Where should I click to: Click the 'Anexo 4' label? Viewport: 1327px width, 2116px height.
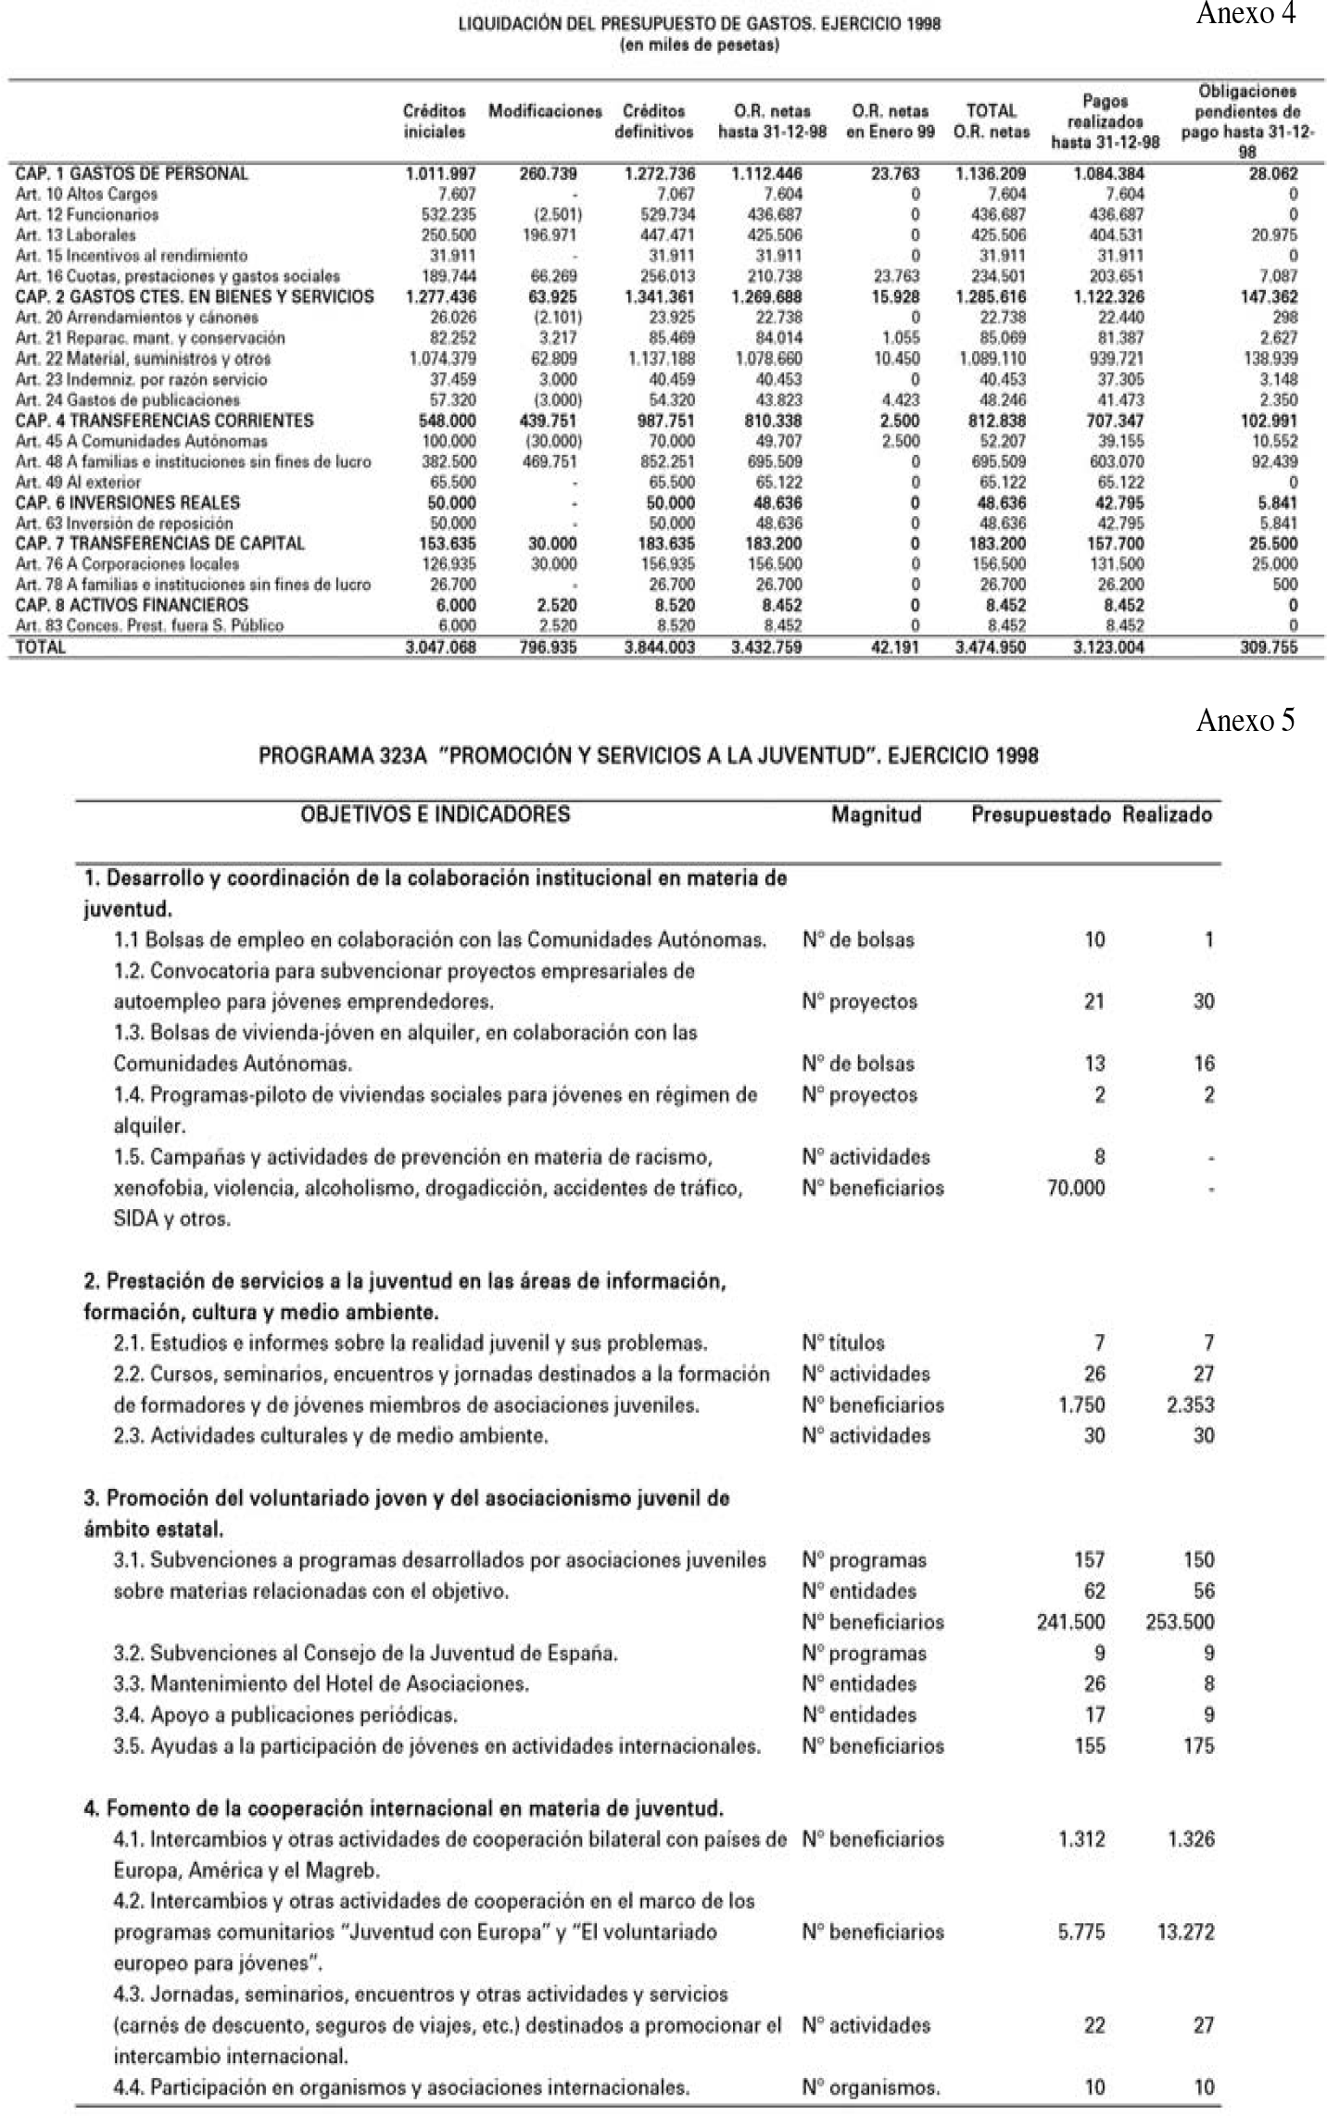[x=1245, y=14]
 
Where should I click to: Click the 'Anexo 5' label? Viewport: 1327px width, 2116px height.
[x=1245, y=721]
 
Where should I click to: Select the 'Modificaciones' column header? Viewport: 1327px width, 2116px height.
[x=545, y=112]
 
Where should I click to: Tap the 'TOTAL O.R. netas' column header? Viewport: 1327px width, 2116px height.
[x=992, y=121]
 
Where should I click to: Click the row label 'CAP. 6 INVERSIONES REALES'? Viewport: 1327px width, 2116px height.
[x=127, y=503]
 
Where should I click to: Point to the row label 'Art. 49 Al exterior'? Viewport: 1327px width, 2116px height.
[x=79, y=483]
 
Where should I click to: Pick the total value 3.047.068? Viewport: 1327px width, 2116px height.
[x=441, y=648]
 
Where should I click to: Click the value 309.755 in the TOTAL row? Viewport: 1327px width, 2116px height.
[x=1269, y=648]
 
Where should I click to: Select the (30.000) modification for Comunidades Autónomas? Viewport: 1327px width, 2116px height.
[x=553, y=442]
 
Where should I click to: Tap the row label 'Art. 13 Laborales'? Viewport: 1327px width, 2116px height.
[x=76, y=235]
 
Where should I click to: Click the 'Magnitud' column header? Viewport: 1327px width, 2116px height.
[x=876, y=815]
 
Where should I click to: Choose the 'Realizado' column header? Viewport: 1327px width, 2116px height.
[x=1167, y=815]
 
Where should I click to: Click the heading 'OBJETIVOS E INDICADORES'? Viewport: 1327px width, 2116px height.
[x=435, y=815]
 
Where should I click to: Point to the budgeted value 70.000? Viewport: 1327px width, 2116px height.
[x=1076, y=1188]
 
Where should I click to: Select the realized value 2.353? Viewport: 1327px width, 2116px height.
[x=1190, y=1404]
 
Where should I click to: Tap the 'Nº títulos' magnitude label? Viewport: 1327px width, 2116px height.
[x=843, y=1342]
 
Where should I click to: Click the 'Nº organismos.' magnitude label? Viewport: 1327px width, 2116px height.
[x=871, y=2087]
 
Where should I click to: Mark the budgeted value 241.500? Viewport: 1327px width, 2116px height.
[x=1070, y=1622]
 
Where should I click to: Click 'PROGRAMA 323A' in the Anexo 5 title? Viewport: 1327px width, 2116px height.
[x=342, y=756]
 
